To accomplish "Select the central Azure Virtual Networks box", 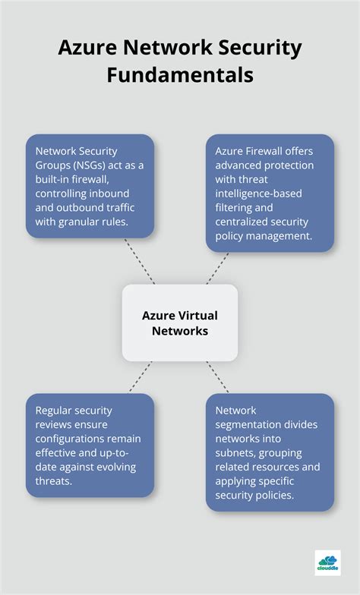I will coord(180,323).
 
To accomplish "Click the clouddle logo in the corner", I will coord(327,562).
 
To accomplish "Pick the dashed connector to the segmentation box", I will coord(219,377).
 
